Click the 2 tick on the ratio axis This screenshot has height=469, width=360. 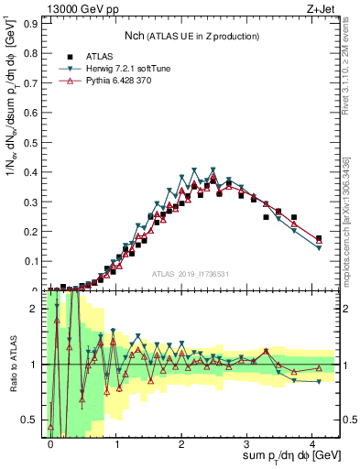point(38,309)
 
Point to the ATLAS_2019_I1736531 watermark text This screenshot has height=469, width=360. point(197,273)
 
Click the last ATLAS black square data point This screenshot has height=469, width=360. point(319,238)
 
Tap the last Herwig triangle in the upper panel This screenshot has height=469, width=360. point(319,247)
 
